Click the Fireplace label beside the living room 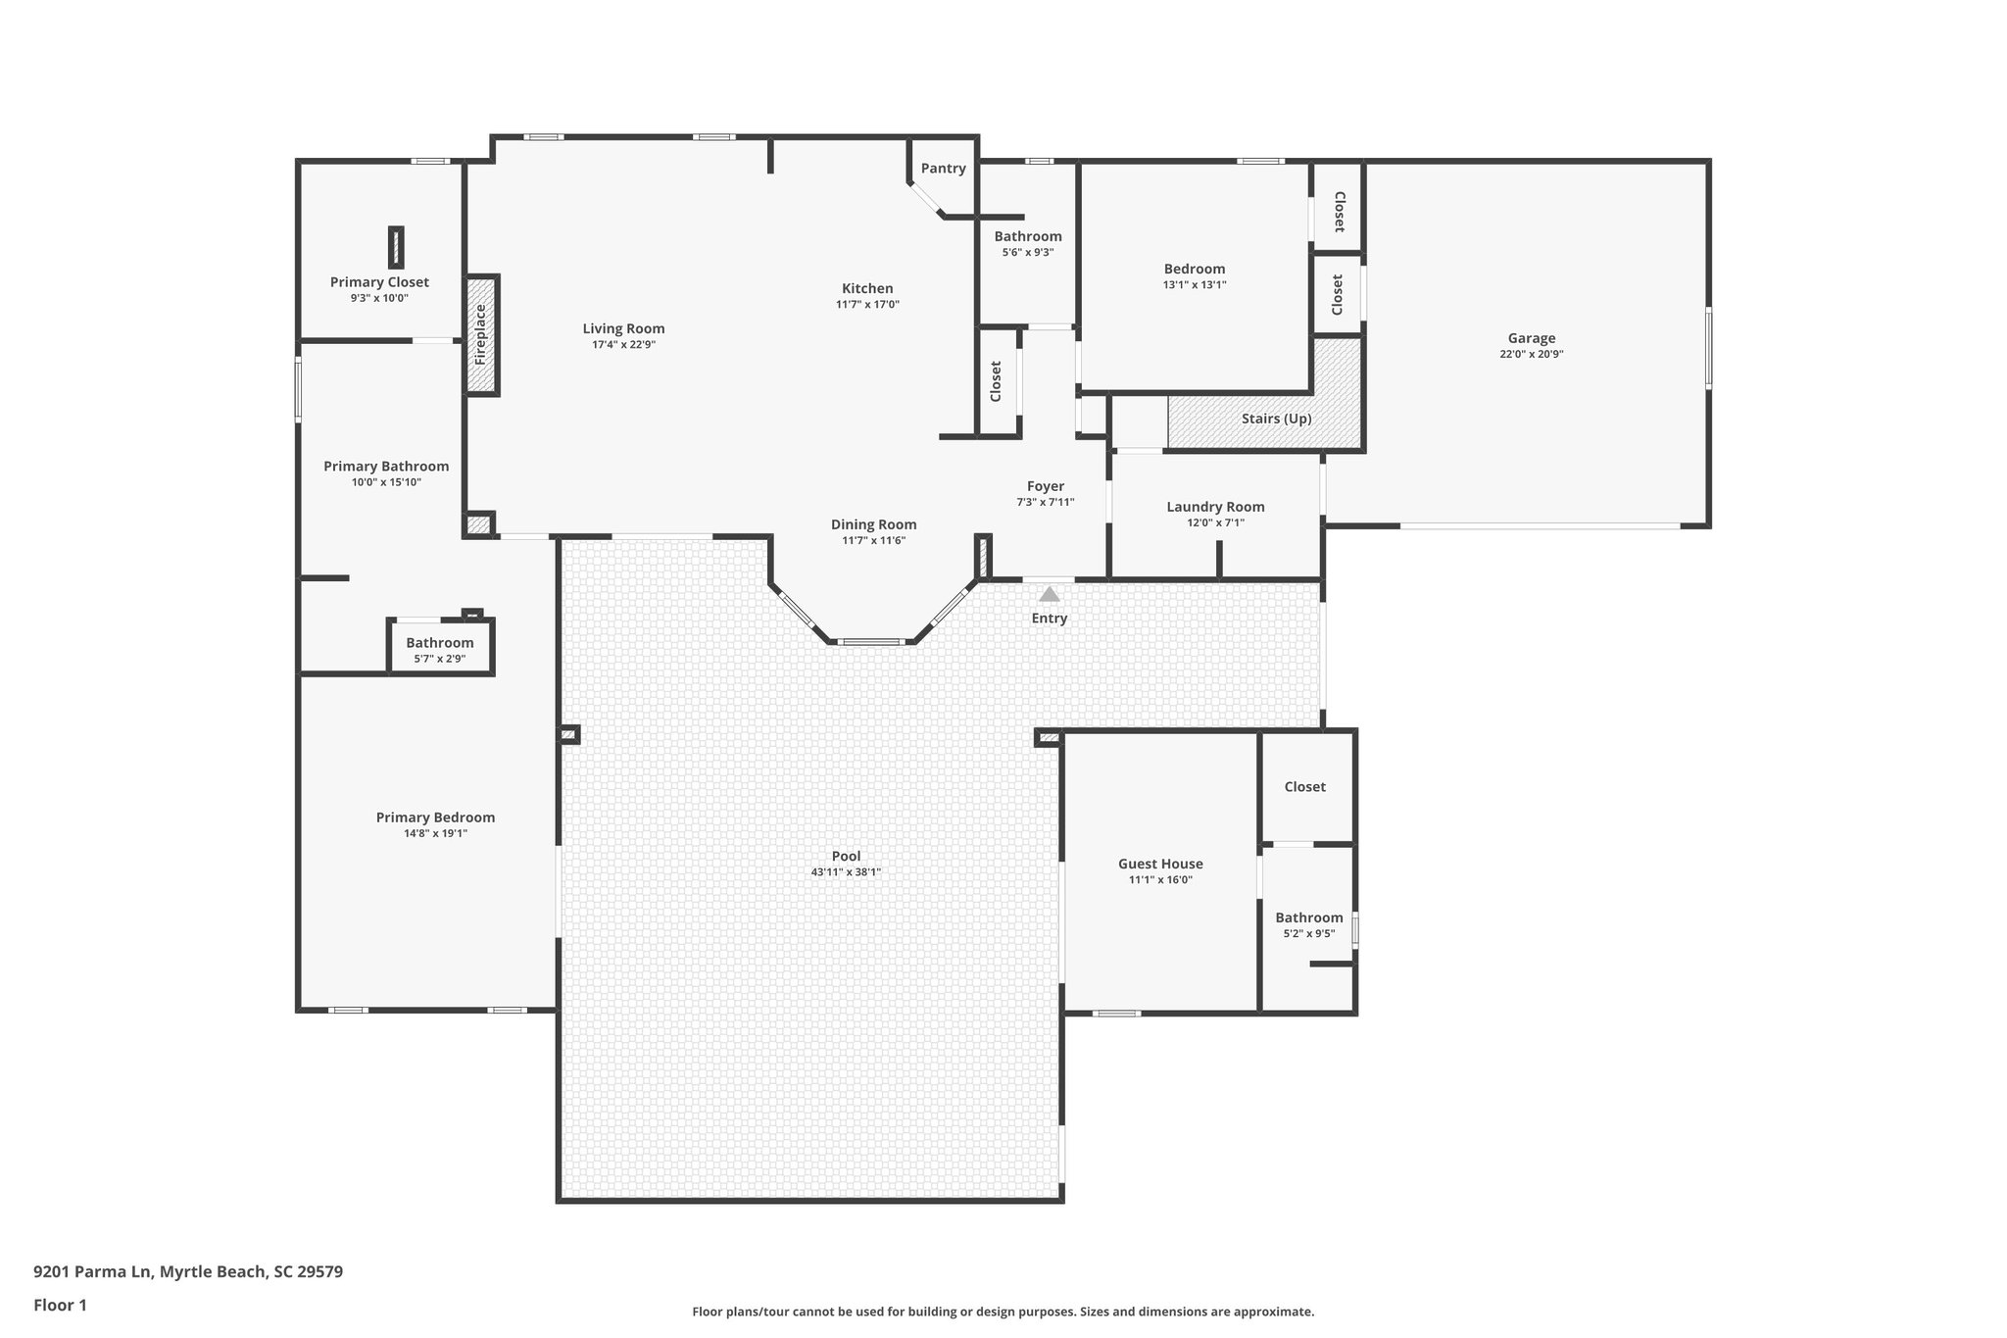click(x=481, y=334)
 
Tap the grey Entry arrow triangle click(x=1049, y=594)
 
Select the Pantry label click(x=943, y=169)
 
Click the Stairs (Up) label click(x=1276, y=419)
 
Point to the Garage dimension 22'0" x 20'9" click(x=1531, y=355)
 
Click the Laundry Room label click(x=1215, y=507)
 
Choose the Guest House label click(x=1160, y=864)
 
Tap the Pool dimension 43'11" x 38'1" click(x=846, y=871)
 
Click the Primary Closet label click(x=379, y=282)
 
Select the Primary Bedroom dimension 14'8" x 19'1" click(x=435, y=833)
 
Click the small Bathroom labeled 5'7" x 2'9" click(x=440, y=643)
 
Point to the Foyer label click(x=1045, y=486)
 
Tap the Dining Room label click(x=873, y=524)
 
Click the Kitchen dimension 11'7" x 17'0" click(x=867, y=305)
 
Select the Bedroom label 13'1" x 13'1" click(x=1195, y=269)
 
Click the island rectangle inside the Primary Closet click(x=396, y=247)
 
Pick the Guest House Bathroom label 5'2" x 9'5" click(x=1308, y=917)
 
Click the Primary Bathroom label click(x=386, y=467)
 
